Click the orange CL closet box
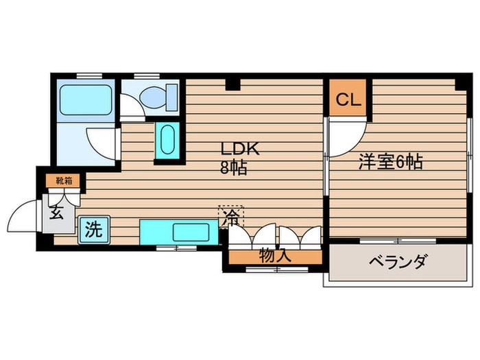point(348,100)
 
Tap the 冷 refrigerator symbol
point(231,217)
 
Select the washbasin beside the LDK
point(167,141)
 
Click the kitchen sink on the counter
point(188,231)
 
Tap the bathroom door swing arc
point(103,141)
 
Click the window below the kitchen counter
point(177,247)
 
